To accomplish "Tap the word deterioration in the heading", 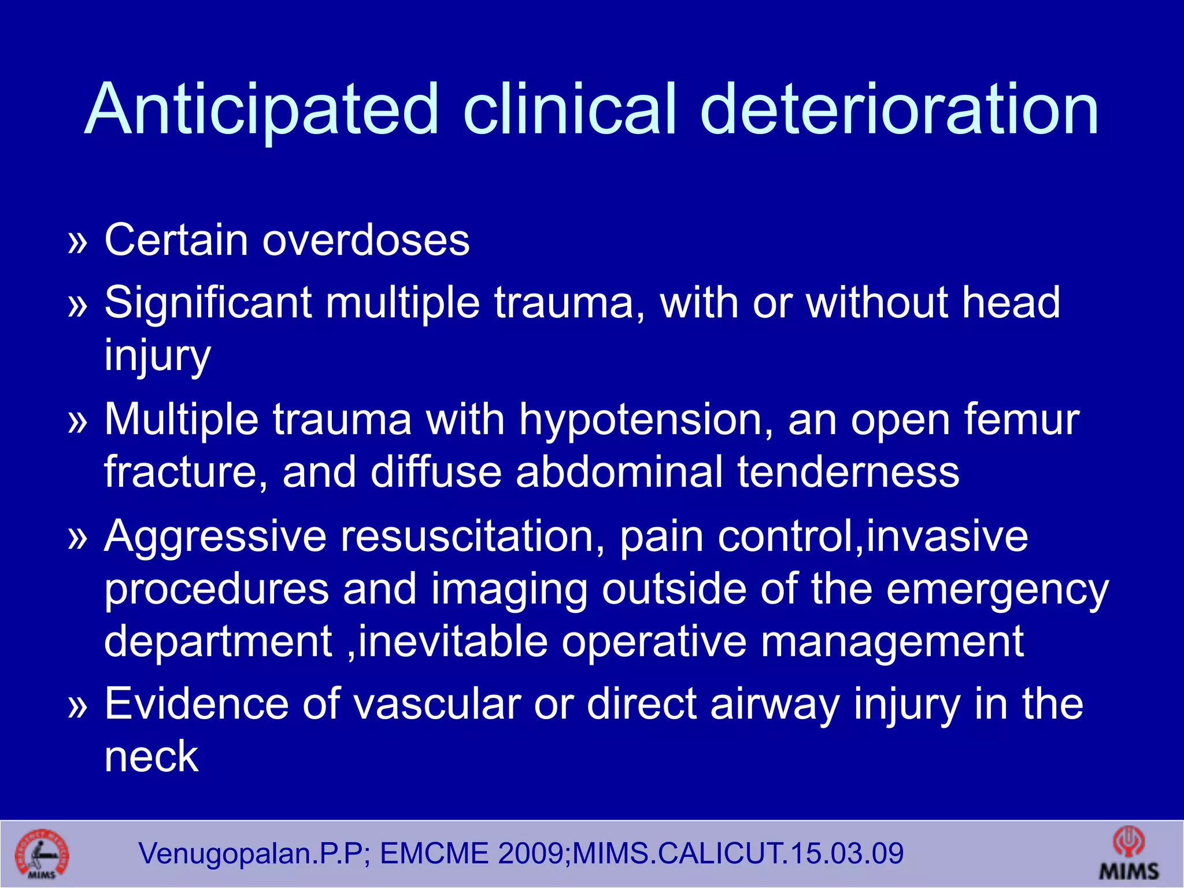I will [x=899, y=110].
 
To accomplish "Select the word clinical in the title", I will [x=569, y=110].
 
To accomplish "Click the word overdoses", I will [x=366, y=240].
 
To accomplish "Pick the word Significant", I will [x=208, y=302].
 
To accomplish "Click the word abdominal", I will [x=619, y=472].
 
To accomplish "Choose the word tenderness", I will [x=848, y=472].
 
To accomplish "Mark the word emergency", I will [x=997, y=590].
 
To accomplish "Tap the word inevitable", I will [x=453, y=641].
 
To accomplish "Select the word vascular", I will [x=437, y=704].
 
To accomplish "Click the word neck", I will [x=151, y=756].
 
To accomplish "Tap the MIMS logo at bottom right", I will [x=1128, y=854].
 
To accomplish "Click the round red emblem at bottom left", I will [x=42, y=855].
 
